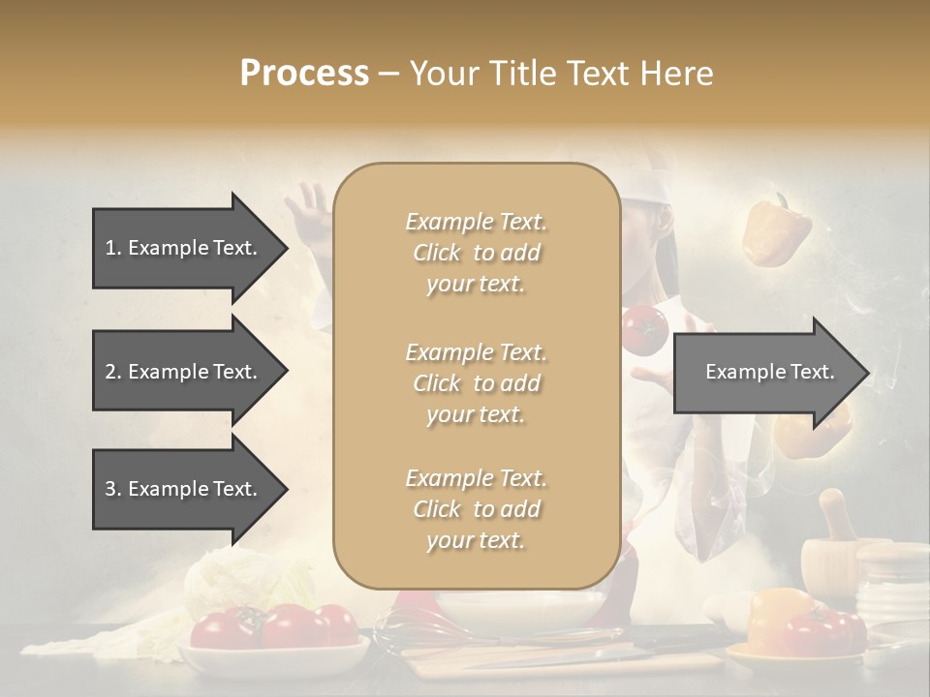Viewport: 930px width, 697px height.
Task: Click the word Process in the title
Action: (304, 74)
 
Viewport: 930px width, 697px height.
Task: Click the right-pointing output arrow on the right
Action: (770, 373)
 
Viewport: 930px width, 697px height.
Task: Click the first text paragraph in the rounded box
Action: (476, 253)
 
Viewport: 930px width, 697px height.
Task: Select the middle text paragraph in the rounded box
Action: (476, 383)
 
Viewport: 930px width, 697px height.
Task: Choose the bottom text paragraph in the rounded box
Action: (476, 509)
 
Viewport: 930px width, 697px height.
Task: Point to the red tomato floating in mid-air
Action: (644, 330)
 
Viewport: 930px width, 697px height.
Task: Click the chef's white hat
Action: (647, 194)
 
